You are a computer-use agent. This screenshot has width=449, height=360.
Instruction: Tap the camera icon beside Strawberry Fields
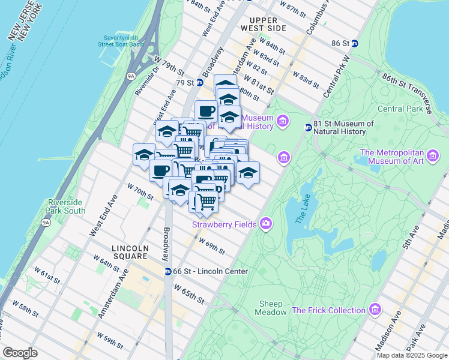pyautogui.click(x=265, y=224)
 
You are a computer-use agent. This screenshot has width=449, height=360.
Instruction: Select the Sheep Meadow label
pyautogui.click(x=273, y=308)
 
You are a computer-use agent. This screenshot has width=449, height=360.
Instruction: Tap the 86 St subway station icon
pyautogui.click(x=354, y=43)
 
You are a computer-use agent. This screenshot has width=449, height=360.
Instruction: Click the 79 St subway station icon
pyautogui.click(x=199, y=82)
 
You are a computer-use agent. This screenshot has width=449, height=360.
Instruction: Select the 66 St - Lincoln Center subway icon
pyautogui.click(x=169, y=271)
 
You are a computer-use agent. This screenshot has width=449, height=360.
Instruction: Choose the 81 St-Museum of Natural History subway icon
pyautogui.click(x=308, y=127)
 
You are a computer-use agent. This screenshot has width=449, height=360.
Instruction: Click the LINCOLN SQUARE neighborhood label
pyautogui.click(x=130, y=252)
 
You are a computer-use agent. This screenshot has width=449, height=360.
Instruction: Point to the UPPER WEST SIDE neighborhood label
pyautogui.click(x=264, y=24)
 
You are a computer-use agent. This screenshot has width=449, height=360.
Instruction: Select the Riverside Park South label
pyautogui.click(x=66, y=207)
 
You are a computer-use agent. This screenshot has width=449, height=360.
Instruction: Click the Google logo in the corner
pyautogui.click(x=20, y=353)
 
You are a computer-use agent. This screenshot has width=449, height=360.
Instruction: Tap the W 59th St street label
pyautogui.click(x=110, y=341)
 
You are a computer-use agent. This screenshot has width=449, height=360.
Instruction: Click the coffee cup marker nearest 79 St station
pyautogui.click(x=206, y=111)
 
